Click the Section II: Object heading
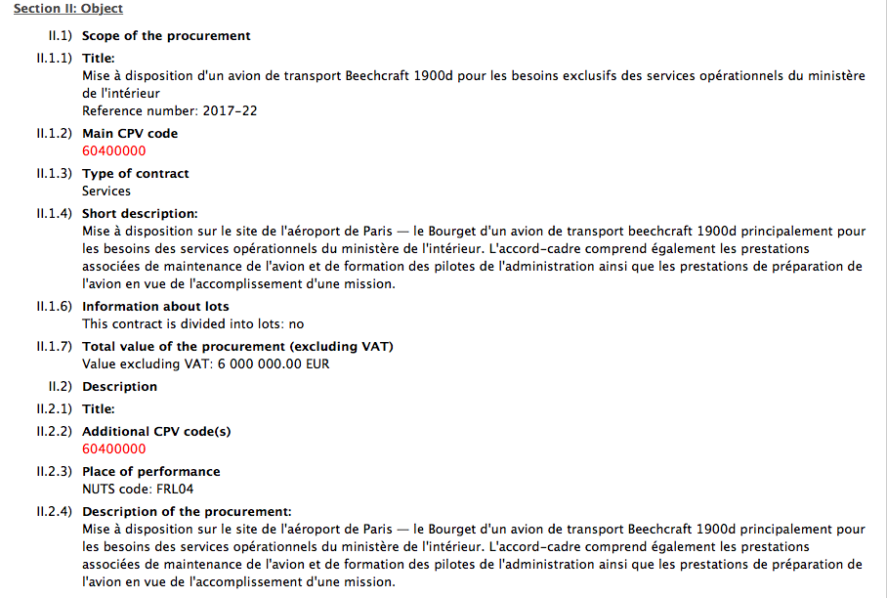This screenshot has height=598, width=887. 68,9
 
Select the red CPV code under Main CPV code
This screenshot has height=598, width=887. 113,150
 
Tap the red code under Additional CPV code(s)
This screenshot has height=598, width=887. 113,448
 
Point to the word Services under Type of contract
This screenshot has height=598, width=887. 106,191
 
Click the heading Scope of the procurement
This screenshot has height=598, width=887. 166,35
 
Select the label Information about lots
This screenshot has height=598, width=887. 155,306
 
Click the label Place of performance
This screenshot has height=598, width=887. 150,471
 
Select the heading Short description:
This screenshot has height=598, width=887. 140,213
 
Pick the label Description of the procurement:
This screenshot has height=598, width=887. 187,511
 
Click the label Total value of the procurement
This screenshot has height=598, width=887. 237,346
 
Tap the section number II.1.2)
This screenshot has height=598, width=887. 54,133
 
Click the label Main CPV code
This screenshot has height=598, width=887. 130,133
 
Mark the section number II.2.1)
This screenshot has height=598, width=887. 54,408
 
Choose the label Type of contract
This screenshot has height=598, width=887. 136,173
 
